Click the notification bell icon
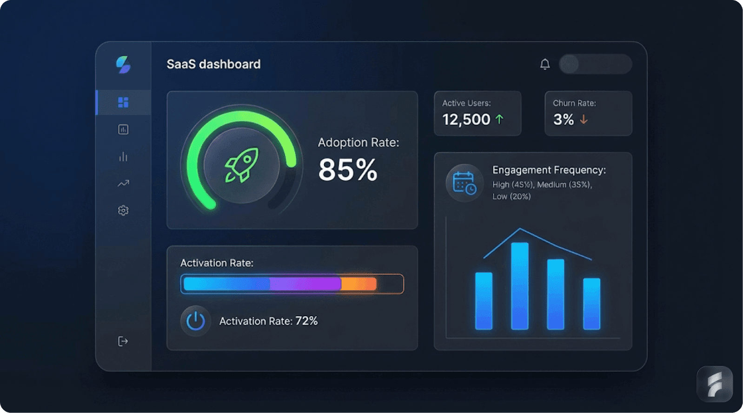[x=545, y=64]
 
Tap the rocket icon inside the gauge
[x=241, y=165]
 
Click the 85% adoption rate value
[x=347, y=169]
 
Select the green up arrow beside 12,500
[x=499, y=120]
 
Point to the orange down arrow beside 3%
[x=584, y=120]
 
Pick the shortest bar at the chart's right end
[x=591, y=304]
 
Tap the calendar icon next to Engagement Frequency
[x=464, y=183]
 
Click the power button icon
[x=195, y=321]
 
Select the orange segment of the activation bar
[x=358, y=284]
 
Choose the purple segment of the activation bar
[x=305, y=284]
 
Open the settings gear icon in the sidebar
[x=123, y=210]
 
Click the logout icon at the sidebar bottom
[x=123, y=341]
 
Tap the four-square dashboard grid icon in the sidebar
[x=123, y=102]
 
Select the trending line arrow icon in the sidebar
[x=123, y=183]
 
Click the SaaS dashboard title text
[x=213, y=64]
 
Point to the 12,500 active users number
[x=466, y=120]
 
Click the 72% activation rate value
[x=306, y=321]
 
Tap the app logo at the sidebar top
[x=123, y=64]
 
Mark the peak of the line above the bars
[x=520, y=229]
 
